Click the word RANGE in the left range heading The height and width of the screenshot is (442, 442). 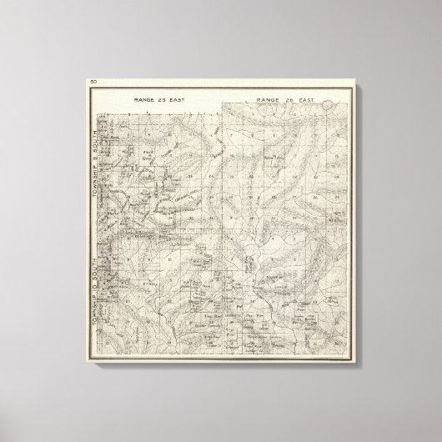click(143, 98)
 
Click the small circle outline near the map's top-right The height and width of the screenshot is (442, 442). click(333, 105)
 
